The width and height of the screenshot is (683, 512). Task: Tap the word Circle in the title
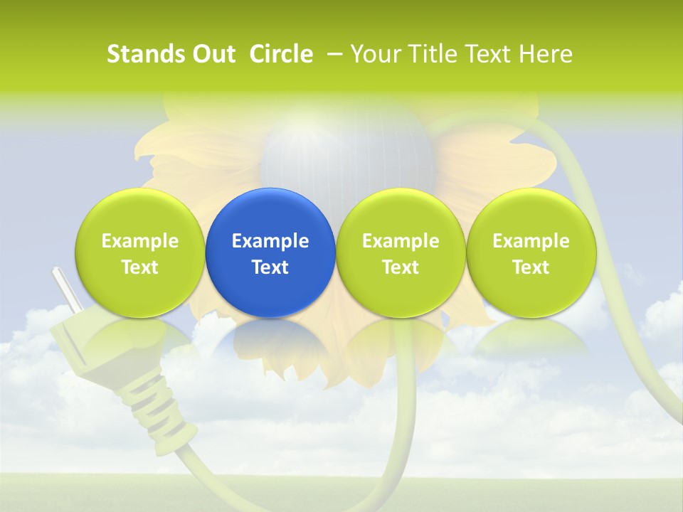(x=281, y=54)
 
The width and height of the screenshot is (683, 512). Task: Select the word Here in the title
(x=546, y=54)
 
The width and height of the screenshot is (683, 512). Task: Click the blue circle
(x=270, y=252)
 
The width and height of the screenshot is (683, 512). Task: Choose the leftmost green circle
(x=140, y=252)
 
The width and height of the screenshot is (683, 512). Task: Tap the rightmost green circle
(x=531, y=252)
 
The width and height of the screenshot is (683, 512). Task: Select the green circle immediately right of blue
(x=401, y=252)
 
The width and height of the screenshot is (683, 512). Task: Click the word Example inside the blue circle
(x=270, y=241)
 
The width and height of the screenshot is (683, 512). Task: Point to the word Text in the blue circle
(x=270, y=267)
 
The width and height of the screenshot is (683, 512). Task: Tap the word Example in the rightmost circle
(x=531, y=241)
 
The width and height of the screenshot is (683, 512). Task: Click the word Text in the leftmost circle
(x=140, y=267)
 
